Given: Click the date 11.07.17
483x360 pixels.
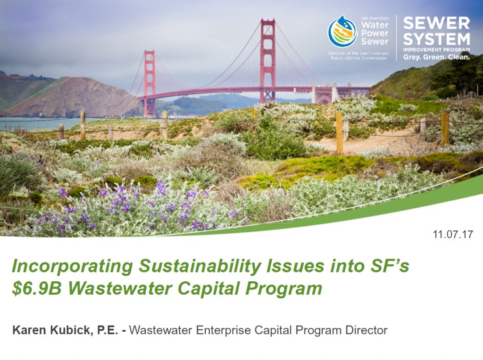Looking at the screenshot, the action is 453,235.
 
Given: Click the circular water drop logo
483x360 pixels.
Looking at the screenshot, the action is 342,31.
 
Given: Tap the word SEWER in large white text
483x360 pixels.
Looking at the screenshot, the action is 436,23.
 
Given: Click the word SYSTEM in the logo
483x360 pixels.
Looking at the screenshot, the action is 436,39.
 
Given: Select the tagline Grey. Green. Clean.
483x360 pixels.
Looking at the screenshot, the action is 436,57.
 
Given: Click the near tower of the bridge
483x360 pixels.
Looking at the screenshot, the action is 268,60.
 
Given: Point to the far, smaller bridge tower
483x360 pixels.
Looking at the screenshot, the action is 150,83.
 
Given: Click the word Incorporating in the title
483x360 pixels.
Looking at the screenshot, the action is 72,266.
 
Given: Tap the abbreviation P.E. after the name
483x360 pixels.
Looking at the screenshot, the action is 108,330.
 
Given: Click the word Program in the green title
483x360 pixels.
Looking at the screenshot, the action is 283,289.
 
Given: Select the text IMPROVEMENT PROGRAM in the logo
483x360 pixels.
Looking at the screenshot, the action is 436,50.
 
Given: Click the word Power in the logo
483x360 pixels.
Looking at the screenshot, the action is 375,33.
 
